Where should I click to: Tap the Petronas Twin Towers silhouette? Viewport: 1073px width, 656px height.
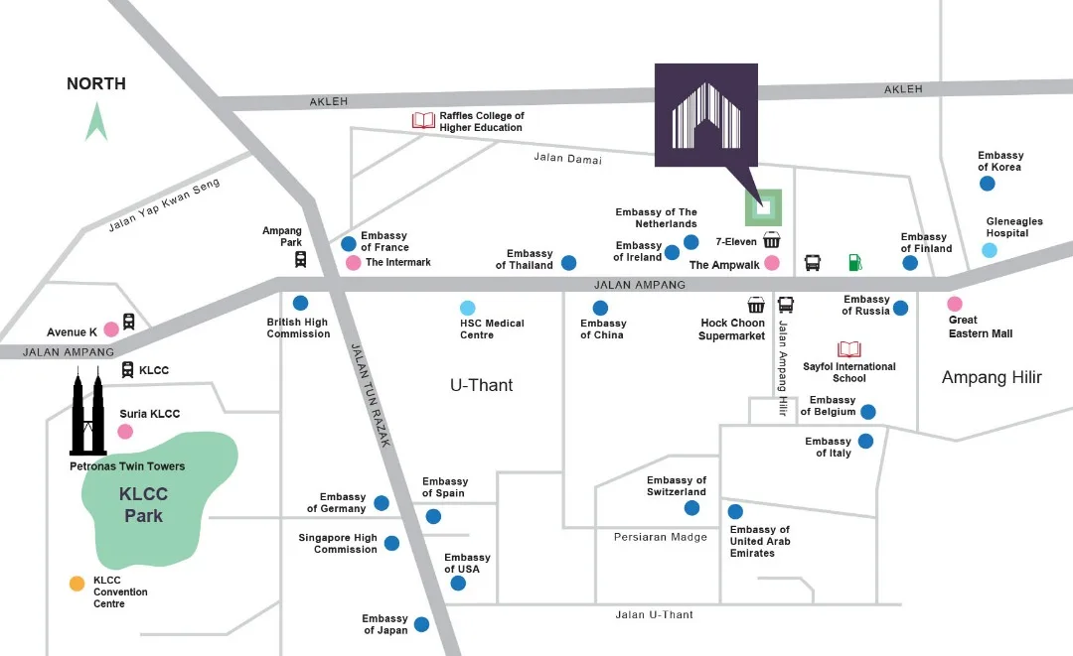(x=88, y=412)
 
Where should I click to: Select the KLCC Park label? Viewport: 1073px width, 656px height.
(x=144, y=504)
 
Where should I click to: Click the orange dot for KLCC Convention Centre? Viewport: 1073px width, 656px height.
(x=77, y=584)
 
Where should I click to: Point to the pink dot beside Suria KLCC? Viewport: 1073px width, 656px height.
(x=125, y=431)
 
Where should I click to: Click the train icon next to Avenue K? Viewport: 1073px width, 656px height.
(x=128, y=323)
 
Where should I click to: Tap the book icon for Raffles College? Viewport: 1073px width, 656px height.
(x=424, y=121)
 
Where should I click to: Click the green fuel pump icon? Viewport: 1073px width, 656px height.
(x=854, y=263)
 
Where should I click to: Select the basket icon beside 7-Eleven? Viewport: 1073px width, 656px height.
(x=772, y=240)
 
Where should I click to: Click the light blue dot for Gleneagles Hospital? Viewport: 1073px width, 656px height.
(x=990, y=250)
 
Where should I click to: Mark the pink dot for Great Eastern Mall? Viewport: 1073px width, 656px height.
(x=955, y=304)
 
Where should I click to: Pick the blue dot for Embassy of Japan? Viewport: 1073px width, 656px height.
(x=421, y=624)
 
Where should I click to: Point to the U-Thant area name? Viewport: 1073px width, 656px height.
(x=482, y=385)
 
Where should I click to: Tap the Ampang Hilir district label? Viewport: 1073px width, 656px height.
(x=992, y=377)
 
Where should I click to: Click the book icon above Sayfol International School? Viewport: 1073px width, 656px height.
(x=849, y=349)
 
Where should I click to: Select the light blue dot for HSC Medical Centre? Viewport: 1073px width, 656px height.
(x=468, y=308)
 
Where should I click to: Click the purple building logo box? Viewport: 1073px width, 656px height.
(x=705, y=114)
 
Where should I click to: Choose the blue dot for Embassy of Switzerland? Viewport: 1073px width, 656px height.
(x=691, y=508)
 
